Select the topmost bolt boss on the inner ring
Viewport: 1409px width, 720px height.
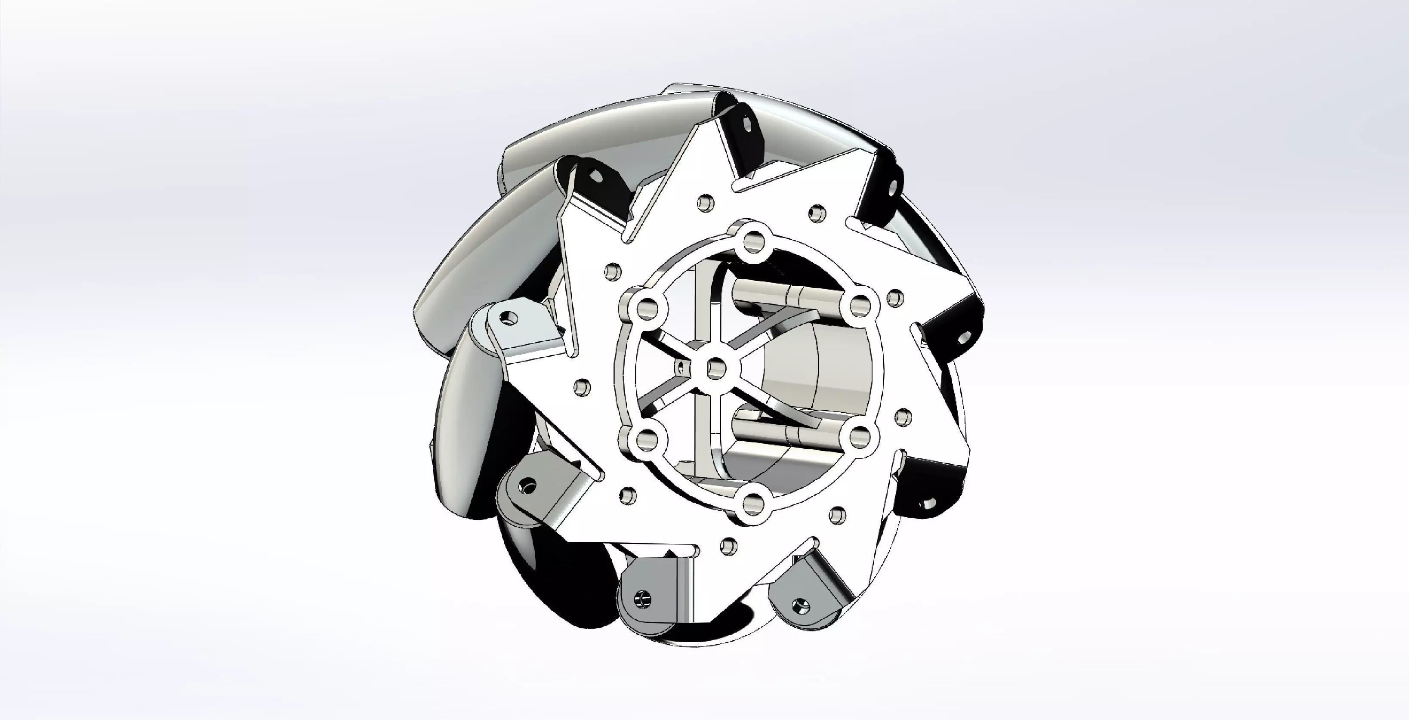pyautogui.click(x=753, y=240)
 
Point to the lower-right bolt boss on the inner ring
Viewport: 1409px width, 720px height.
pyautogui.click(x=860, y=436)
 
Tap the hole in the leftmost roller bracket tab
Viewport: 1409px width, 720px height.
pyautogui.click(x=510, y=318)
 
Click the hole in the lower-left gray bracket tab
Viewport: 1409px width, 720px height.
pyautogui.click(x=527, y=485)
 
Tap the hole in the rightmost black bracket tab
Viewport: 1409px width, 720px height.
pyautogui.click(x=964, y=337)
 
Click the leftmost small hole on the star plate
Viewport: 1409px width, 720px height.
pyautogui.click(x=582, y=387)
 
